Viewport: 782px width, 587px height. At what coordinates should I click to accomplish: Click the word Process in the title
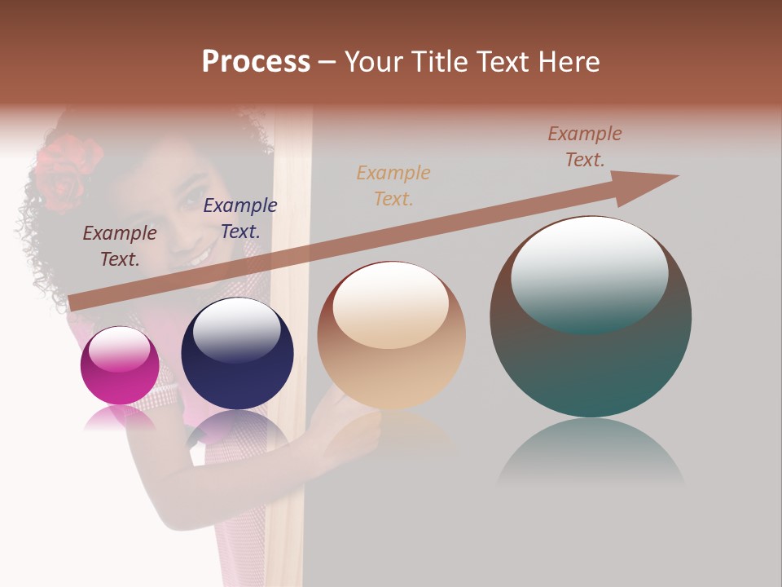click(x=256, y=62)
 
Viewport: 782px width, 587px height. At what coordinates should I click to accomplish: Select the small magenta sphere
click(x=120, y=365)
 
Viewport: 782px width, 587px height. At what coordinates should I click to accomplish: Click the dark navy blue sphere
click(x=237, y=354)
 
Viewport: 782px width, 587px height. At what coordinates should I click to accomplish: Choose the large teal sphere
click(x=591, y=316)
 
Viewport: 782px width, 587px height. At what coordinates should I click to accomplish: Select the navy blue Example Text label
click(x=240, y=218)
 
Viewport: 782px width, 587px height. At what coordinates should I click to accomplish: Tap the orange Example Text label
click(x=393, y=185)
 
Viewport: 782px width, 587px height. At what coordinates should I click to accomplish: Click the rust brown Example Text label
click(x=585, y=147)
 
